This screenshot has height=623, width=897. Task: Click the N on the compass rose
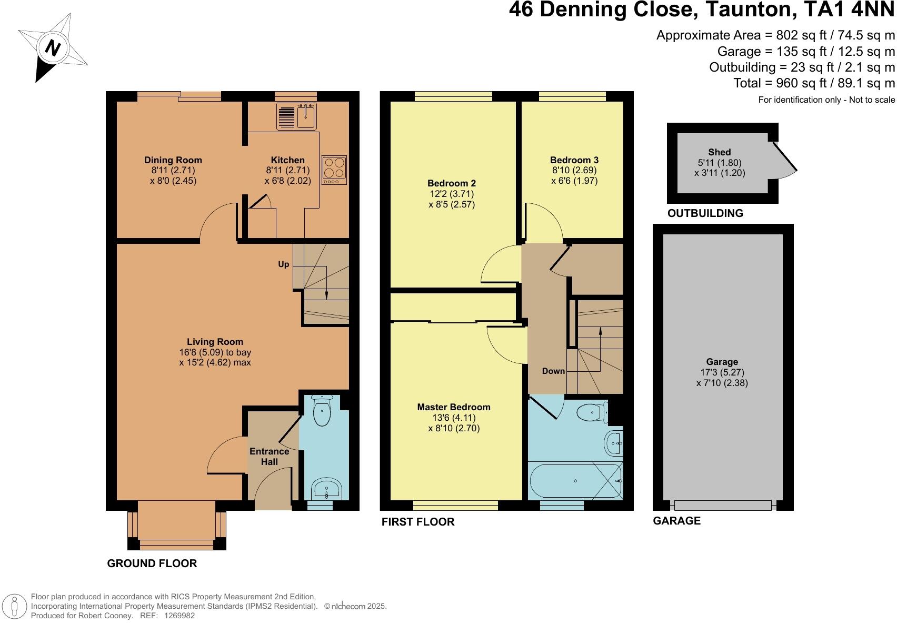coord(53,48)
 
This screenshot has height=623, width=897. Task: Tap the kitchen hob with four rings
coord(334,170)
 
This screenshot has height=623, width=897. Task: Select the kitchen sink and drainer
coord(296,116)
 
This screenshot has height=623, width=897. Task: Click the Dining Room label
coord(173,160)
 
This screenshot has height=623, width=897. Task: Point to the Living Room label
coord(215,342)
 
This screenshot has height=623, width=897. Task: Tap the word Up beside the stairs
coord(284,264)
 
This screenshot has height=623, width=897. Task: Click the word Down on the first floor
coord(553,371)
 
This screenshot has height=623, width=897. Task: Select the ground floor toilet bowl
coord(322,410)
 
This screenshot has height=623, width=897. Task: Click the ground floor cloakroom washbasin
coord(327,489)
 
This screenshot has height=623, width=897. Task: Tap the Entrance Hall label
coord(269,457)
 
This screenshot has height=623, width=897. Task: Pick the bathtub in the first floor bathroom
coord(575,480)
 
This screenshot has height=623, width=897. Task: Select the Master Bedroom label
coord(454,407)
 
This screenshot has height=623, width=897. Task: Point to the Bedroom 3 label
coord(574,160)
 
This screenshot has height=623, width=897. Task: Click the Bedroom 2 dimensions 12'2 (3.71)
coord(452,194)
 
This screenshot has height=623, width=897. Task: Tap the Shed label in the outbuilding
coord(720,152)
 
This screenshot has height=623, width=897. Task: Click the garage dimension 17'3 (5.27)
coord(722,372)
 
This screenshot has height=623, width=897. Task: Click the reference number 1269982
coord(180,616)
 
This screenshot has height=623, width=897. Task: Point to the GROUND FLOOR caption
coord(152,563)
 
